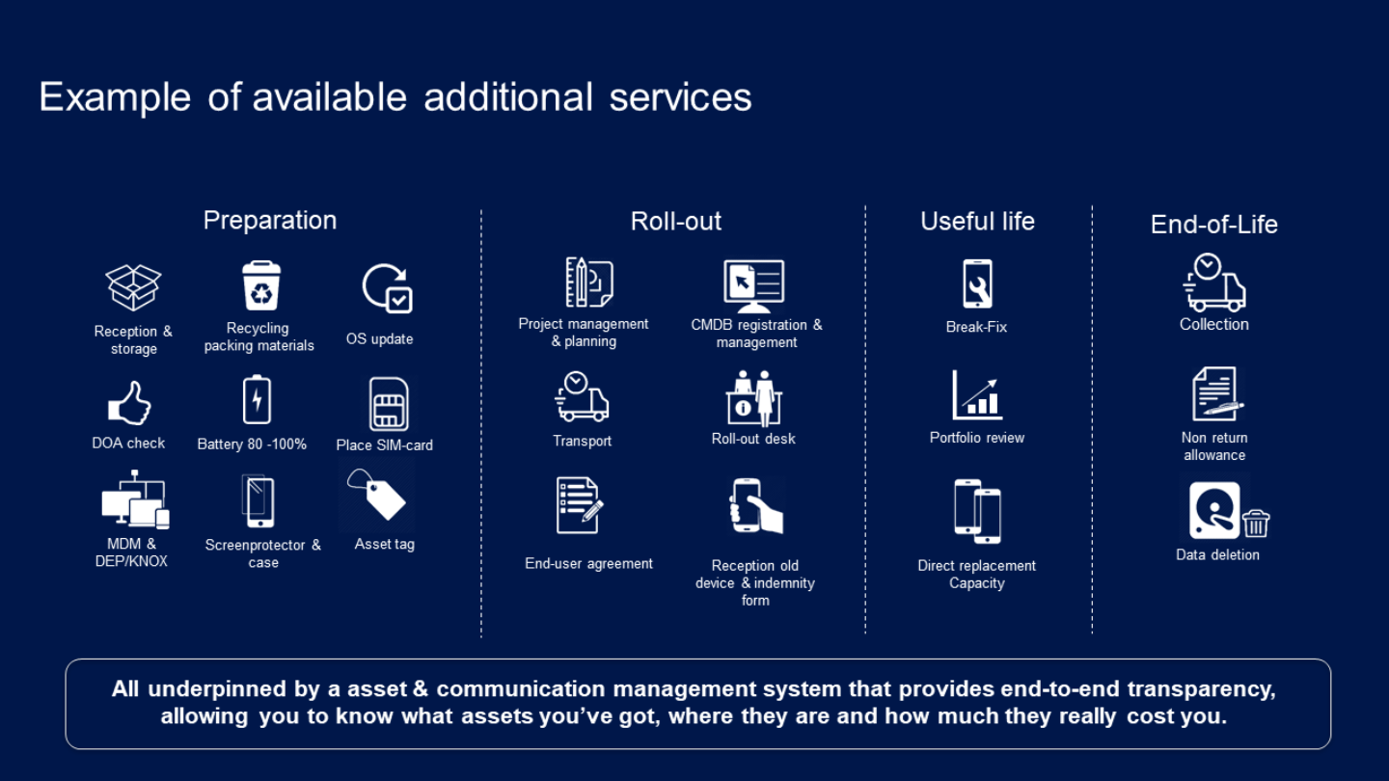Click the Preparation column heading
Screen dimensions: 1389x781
coord(270,221)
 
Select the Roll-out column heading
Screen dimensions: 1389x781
coord(676,222)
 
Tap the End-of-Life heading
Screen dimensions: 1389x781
coord(1214,225)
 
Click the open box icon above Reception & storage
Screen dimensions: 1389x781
coord(133,287)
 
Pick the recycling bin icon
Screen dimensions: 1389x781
coord(261,285)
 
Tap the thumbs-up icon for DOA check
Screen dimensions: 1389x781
coord(129,403)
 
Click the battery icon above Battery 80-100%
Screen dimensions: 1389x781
coord(257,400)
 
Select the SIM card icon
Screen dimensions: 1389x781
coord(389,404)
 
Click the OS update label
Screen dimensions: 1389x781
coord(379,339)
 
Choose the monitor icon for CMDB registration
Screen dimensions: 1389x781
coord(754,286)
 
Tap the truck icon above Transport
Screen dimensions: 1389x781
coord(582,397)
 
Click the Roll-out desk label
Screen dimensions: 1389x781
coord(753,439)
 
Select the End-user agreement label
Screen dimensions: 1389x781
coord(588,563)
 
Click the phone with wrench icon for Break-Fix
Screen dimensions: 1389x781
coord(977,283)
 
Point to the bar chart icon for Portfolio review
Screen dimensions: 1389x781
coord(977,395)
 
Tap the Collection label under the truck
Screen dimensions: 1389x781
coord(1214,324)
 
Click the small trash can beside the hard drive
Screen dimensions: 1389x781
coord(1256,524)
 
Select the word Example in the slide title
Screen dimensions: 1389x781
coord(116,97)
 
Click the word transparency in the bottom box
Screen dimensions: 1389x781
coord(1201,689)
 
